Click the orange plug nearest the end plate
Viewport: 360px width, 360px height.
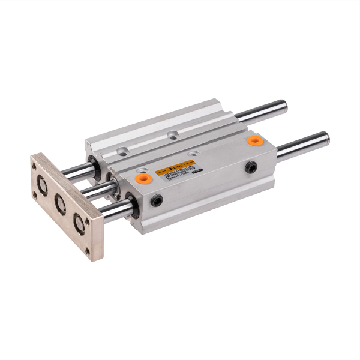[142, 178]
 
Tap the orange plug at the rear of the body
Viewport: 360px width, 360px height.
[256, 140]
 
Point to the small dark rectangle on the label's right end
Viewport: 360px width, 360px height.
[196, 170]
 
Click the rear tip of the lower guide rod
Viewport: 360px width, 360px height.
[326, 139]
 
